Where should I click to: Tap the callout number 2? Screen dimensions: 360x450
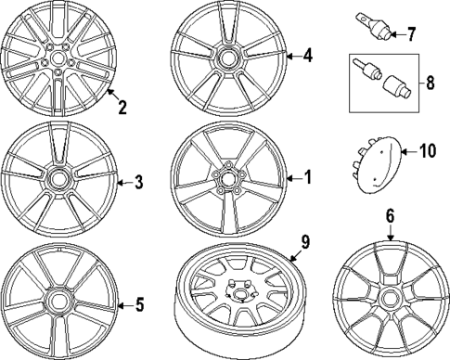pyautogui.click(x=122, y=107)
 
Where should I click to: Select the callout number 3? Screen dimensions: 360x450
pyautogui.click(x=138, y=182)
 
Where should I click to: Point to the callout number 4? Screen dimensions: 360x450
pyautogui.click(x=307, y=55)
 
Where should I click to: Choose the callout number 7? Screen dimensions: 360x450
pyautogui.click(x=413, y=35)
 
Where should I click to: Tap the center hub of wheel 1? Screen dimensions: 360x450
pyautogui.click(x=226, y=177)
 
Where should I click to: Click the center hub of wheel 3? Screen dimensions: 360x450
pyautogui.click(x=59, y=176)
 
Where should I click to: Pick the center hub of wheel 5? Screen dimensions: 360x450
pyautogui.click(x=60, y=302)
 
